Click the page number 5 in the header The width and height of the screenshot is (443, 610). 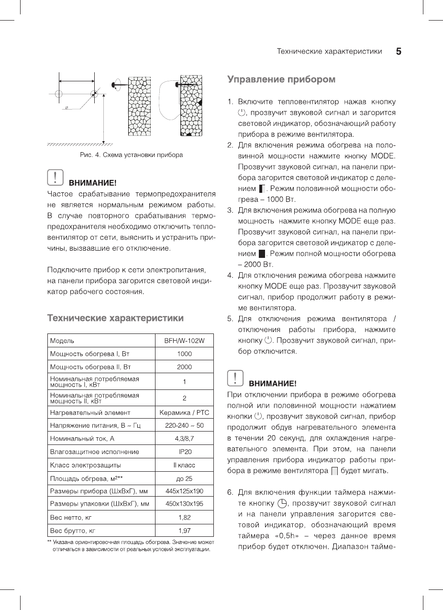[x=399, y=52]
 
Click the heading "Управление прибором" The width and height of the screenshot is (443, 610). [x=281, y=79]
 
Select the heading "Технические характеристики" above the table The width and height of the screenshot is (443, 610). [x=115, y=318]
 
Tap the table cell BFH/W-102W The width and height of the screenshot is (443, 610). [x=184, y=341]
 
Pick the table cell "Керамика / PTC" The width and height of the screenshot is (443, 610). [x=184, y=412]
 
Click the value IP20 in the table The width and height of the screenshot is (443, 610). [x=184, y=452]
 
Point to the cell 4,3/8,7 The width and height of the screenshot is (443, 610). [x=184, y=438]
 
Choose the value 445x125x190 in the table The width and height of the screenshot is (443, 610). [x=184, y=491]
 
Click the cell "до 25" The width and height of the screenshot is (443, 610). [x=184, y=478]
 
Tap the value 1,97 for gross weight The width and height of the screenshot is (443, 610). [x=184, y=531]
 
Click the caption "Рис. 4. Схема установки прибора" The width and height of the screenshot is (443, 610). [x=131, y=155]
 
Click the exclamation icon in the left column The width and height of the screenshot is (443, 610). [x=55, y=178]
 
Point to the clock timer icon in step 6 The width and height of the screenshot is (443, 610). [x=283, y=503]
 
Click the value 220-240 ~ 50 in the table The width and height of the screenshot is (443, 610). [x=184, y=425]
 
